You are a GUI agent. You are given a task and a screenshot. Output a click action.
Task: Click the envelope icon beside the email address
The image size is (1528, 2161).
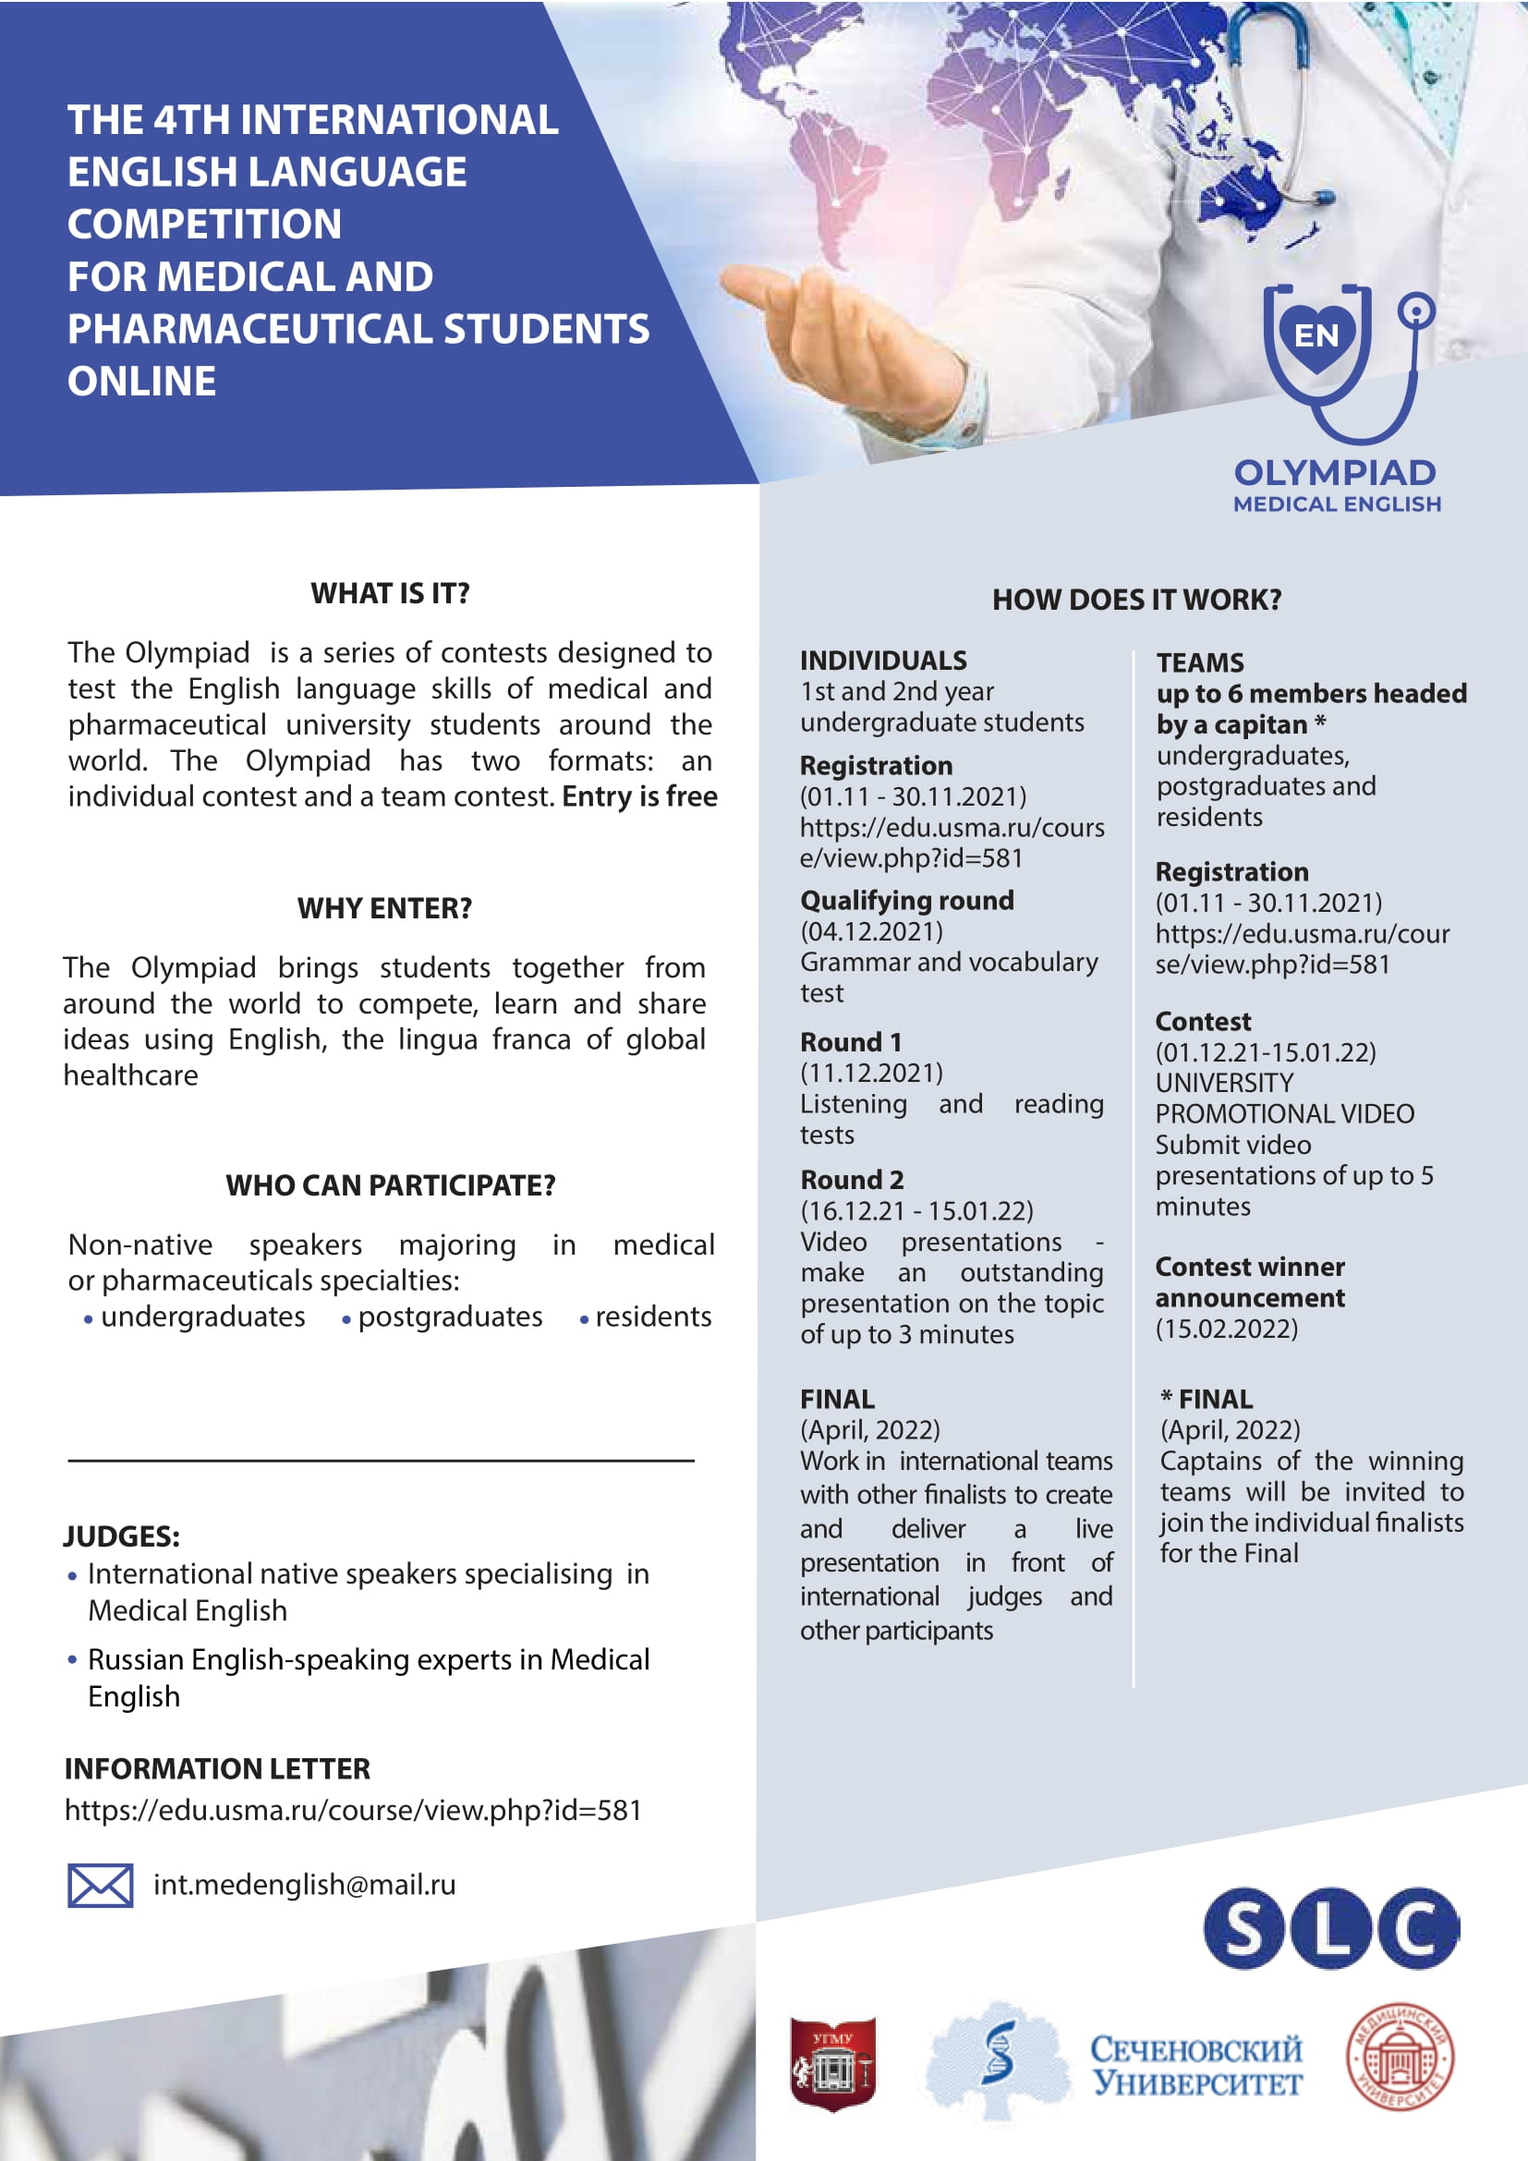[x=100, y=1886]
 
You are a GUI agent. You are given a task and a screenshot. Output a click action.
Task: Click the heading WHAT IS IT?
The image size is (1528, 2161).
[x=390, y=593]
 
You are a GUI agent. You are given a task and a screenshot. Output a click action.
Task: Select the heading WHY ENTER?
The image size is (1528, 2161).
[x=385, y=908]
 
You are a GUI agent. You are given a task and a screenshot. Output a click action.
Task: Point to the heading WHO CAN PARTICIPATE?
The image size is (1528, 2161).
[x=391, y=1185]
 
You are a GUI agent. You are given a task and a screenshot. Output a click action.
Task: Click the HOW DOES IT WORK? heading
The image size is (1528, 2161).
[x=1136, y=600]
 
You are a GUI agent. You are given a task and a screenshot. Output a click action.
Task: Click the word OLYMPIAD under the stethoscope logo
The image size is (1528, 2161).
[x=1335, y=472]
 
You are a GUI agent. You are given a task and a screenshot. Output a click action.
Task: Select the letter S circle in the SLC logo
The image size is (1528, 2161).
[x=1242, y=1928]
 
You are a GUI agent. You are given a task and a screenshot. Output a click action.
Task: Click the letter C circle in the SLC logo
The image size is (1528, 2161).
[x=1418, y=1928]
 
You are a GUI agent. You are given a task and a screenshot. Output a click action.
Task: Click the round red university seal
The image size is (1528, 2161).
[x=1400, y=2057]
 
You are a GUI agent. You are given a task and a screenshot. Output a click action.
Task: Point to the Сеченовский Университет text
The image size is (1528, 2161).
[x=1196, y=2065]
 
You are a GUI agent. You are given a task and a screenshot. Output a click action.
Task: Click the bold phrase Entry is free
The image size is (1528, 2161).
[x=640, y=796]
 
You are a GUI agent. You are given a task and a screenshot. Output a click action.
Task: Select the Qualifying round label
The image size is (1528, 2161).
[x=907, y=901]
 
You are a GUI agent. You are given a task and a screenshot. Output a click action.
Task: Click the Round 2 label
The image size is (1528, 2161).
[x=852, y=1179]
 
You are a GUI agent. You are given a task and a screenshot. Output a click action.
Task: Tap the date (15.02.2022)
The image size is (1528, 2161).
[x=1226, y=1329]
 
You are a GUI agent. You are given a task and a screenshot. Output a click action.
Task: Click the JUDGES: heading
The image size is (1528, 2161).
[x=121, y=1536]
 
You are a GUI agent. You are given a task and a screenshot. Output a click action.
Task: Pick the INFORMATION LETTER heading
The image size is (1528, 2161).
[x=217, y=1768]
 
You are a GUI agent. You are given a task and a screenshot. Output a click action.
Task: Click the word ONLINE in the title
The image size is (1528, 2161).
[x=142, y=382]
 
